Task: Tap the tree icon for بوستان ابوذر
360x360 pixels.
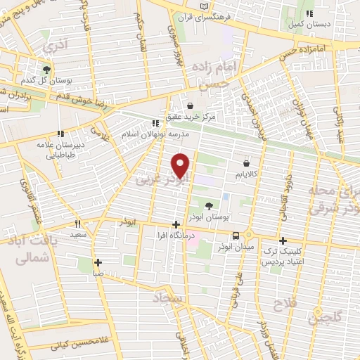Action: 209,205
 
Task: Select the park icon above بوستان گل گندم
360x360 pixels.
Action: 46,69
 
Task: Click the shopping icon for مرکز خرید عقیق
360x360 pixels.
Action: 187,105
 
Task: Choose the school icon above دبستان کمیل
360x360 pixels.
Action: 309,13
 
